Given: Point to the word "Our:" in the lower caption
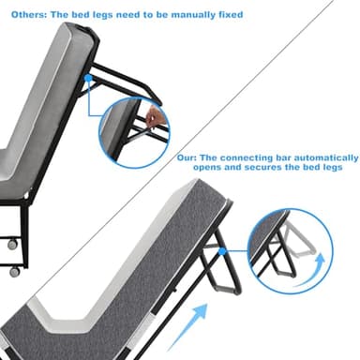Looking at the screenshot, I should (x=187, y=157).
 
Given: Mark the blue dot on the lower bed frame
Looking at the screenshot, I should (x=223, y=251).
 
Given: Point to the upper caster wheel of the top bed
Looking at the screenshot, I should (x=13, y=244).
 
